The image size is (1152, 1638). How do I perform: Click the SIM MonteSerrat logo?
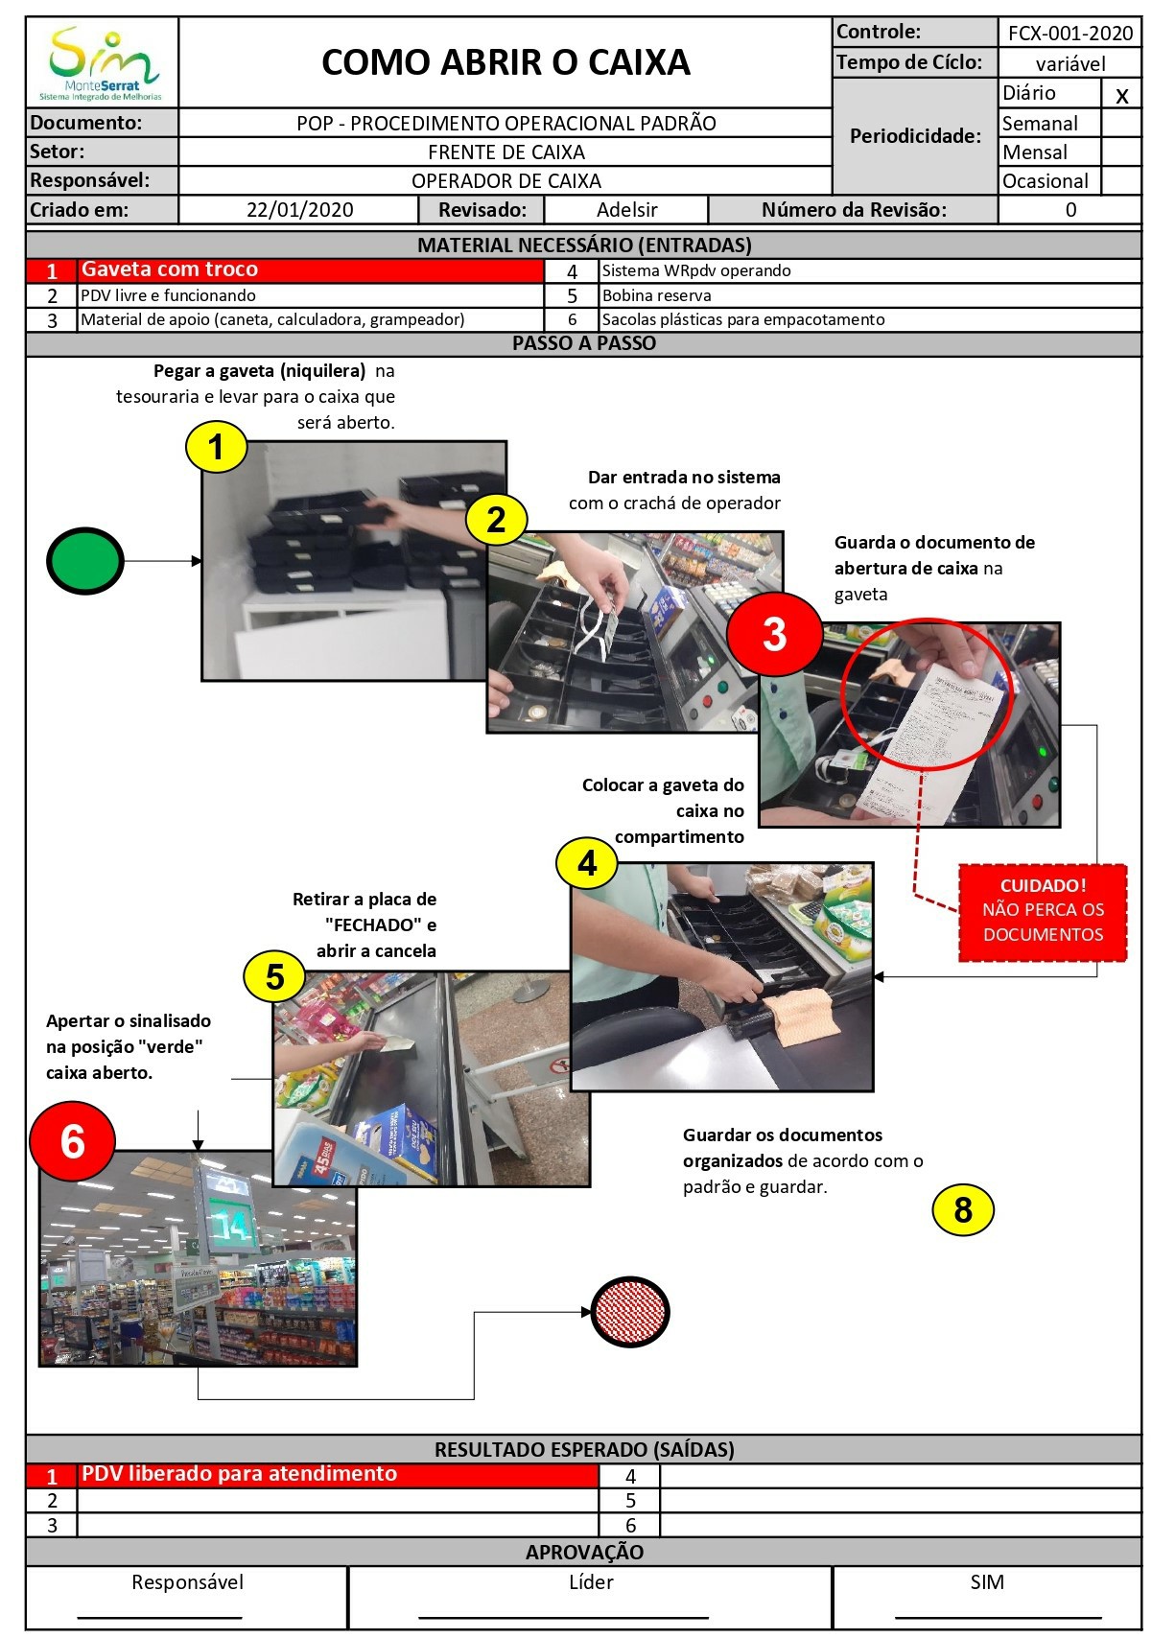pos(102,63)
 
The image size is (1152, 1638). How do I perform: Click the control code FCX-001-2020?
pos(1070,34)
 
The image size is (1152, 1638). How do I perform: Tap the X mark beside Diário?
pos(1121,95)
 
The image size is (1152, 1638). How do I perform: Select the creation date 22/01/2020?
pos(299,210)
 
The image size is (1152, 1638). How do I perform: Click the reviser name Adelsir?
pos(626,210)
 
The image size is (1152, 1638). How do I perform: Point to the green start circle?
pos(85,561)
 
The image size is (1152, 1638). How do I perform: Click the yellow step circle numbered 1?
pos(216,447)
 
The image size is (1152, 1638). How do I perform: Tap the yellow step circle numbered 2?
pos(496,520)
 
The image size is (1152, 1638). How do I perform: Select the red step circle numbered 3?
pos(774,634)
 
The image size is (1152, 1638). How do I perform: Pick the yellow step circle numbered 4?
pos(587,864)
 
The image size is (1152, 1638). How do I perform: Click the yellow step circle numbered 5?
pos(274,976)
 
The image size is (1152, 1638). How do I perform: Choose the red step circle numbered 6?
pos(73,1142)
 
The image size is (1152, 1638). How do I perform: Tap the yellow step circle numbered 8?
pos(963,1210)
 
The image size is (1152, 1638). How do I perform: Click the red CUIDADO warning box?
pos(1043,910)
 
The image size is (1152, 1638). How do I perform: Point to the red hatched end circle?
pos(630,1312)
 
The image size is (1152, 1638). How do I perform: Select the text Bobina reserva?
pos(656,295)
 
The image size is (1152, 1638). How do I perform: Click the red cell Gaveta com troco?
pos(285,270)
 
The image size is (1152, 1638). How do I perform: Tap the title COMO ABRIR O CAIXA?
pos(505,62)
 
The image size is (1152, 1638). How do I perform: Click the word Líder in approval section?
pos(590,1581)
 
